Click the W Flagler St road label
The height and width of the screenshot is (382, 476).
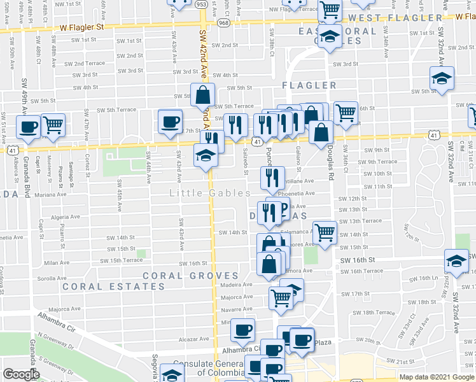pos(81,27)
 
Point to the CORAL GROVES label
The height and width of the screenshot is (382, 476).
pos(190,276)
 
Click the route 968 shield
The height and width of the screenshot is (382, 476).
pos(225,23)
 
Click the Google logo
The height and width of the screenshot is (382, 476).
pos(21,374)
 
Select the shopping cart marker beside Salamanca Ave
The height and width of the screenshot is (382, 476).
pos(325,232)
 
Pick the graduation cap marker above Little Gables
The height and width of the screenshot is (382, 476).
pos(205,155)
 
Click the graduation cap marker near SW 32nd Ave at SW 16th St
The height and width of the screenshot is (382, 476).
pos(456,260)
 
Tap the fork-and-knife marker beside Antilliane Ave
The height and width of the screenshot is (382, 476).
pos(272,178)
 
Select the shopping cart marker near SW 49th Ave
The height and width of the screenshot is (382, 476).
pos(53,124)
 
